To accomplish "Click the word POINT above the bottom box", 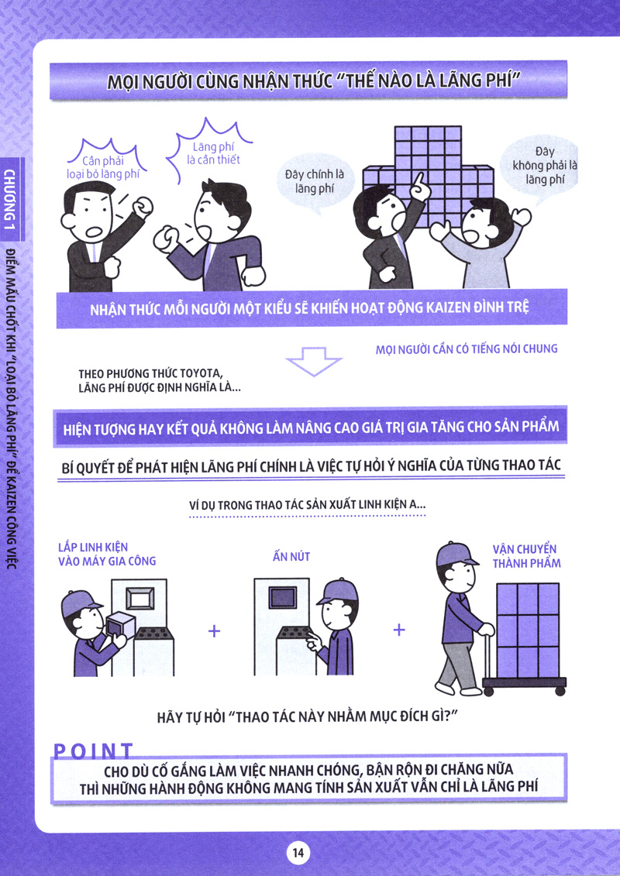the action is point(93,751).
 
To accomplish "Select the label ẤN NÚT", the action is point(291,556).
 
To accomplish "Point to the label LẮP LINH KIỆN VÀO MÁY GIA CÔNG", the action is point(107,554).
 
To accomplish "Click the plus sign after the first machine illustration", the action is point(214,630).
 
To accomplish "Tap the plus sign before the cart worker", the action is point(398,630).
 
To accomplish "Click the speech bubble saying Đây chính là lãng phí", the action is point(314,184).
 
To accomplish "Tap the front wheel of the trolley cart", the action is point(488,692).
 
